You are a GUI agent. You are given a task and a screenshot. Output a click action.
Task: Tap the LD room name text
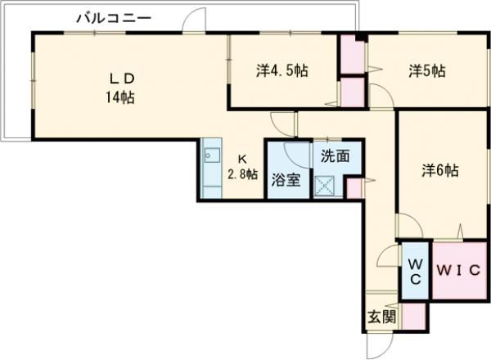click(124, 79)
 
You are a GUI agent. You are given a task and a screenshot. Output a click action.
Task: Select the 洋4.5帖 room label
click(282, 71)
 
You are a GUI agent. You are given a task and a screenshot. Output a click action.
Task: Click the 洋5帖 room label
click(427, 71)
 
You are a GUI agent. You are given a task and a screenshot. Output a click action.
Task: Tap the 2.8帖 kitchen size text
click(243, 174)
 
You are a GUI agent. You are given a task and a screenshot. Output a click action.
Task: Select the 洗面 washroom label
click(335, 155)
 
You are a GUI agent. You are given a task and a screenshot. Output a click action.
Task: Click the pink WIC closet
click(459, 271)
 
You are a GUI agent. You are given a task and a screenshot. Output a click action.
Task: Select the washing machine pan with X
click(329, 184)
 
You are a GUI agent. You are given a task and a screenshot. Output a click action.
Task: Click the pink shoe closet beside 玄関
click(412, 316)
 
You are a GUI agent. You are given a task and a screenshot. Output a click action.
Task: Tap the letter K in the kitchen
click(242, 159)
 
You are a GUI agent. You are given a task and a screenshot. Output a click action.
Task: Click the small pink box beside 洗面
click(354, 187)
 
